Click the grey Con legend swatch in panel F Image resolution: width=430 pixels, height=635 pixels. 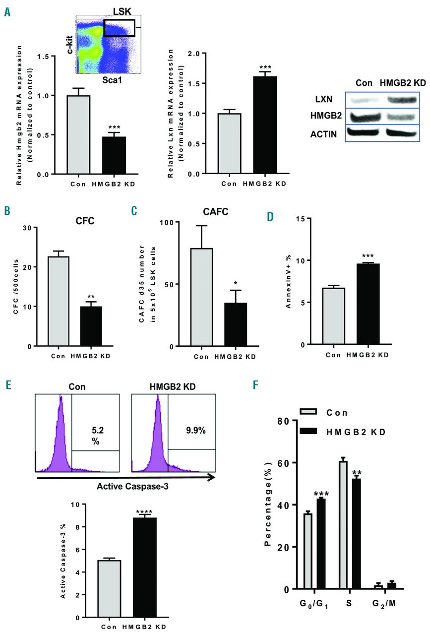(309, 413)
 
